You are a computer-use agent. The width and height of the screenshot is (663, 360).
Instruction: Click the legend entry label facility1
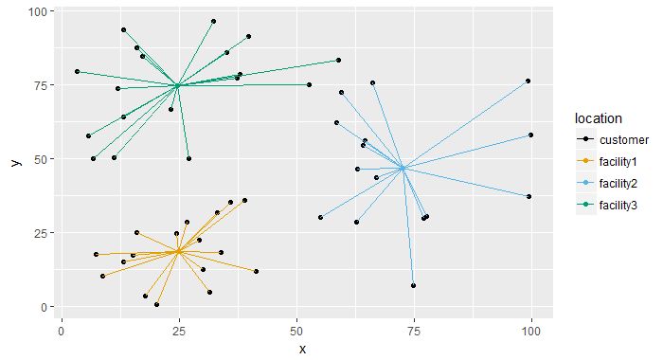[x=618, y=162]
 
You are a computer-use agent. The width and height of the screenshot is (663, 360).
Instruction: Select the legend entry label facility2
[x=618, y=184]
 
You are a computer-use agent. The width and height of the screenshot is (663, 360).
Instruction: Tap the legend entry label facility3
[x=618, y=206]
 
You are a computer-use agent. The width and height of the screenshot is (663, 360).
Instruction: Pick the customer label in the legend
[x=620, y=140]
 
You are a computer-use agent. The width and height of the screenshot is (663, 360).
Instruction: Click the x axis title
[x=302, y=349]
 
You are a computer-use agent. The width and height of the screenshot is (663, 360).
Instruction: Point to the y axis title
[x=14, y=163]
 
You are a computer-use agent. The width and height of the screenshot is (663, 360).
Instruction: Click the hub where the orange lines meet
[x=178, y=251]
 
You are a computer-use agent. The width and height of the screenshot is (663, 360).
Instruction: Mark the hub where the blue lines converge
[x=403, y=168]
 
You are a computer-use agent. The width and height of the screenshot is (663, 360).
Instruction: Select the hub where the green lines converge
[x=177, y=85]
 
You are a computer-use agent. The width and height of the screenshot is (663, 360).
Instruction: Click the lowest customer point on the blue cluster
[x=414, y=285]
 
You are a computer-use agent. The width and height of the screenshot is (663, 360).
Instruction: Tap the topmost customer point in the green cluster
[x=213, y=21]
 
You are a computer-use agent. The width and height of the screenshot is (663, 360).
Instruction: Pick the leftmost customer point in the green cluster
[x=77, y=71]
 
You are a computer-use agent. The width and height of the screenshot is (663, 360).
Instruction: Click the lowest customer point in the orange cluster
[x=156, y=304]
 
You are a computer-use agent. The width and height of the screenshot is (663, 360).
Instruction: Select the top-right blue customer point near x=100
[x=528, y=81]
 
